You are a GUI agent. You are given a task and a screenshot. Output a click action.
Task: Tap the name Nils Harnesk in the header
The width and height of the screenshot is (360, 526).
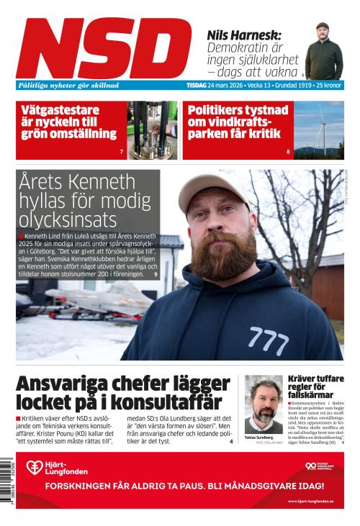[244, 35]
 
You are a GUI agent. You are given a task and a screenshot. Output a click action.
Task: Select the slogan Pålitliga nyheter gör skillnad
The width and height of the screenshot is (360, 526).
[68, 85]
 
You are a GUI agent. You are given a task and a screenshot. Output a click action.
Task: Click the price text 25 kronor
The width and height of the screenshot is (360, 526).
[327, 85]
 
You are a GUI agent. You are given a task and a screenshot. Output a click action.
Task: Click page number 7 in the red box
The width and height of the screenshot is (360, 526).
[122, 152]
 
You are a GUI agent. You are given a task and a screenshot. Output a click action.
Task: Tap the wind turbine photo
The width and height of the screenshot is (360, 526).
[319, 130]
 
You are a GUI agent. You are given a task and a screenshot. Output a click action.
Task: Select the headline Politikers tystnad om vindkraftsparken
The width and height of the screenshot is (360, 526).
[236, 122]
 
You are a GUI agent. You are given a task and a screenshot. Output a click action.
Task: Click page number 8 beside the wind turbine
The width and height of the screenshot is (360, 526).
[288, 152]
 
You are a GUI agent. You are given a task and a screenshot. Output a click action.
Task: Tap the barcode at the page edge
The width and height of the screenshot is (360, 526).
[9, 479]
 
